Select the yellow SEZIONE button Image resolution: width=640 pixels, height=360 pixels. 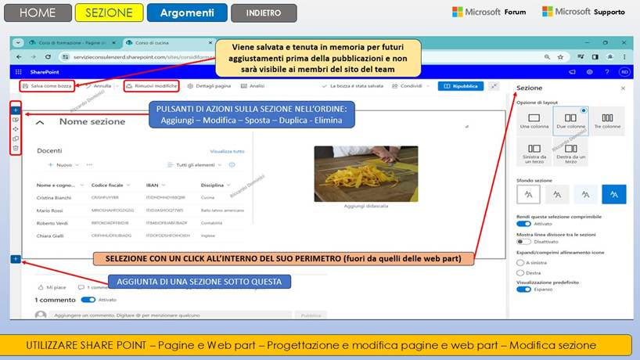click(109, 13)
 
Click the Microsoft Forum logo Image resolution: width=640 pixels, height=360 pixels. click(489, 12)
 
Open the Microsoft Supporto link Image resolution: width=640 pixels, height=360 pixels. click(584, 12)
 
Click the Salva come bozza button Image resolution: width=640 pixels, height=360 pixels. click(47, 86)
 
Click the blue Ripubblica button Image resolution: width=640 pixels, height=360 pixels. click(461, 86)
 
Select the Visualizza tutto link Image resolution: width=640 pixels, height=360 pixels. click(228, 151)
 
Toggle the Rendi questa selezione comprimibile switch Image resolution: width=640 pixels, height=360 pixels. click(523, 223)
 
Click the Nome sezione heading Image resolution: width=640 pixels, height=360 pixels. click(92, 122)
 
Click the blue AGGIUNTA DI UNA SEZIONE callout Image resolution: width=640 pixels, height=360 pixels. click(200, 281)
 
